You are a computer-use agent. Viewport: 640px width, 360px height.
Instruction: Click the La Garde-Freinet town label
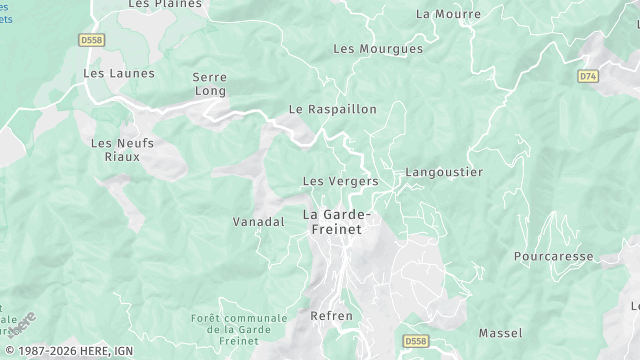pos(336,222)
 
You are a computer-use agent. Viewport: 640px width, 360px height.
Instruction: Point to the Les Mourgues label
pos(377,48)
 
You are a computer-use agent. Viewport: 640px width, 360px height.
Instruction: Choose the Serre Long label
pos(210,83)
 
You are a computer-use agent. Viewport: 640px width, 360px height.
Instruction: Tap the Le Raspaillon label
pos(332,108)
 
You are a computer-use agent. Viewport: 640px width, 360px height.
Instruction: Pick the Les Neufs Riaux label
pos(122,149)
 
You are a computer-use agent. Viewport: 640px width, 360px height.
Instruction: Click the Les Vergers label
pos(340,181)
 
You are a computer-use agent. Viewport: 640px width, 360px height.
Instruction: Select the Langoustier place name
pos(444,172)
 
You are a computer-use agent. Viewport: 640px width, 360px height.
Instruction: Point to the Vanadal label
pos(259,221)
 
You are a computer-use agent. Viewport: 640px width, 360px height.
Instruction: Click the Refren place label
pos(332,316)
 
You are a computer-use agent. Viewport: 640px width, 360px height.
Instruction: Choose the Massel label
pos(500,332)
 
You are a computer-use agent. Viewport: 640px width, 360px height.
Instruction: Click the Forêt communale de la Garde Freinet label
pos(239,329)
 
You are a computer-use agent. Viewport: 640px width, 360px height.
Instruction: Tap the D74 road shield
pos(588,75)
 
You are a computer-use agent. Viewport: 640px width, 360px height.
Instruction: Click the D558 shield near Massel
pos(416,342)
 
